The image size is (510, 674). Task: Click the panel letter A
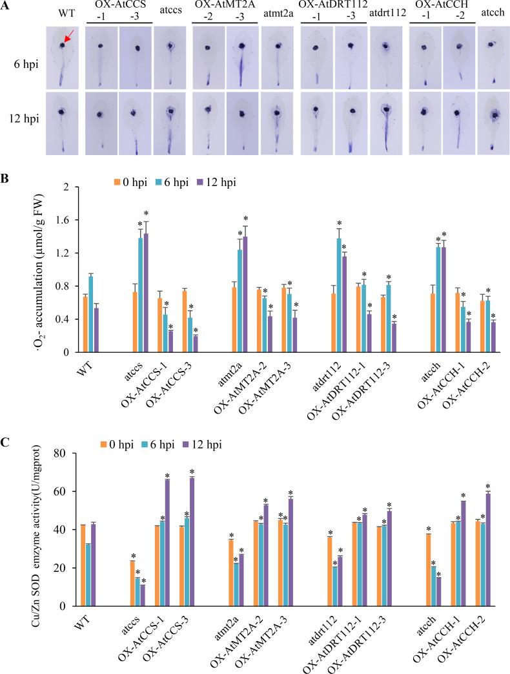[x=6, y=6]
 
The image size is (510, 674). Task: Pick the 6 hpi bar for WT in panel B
[x=91, y=314]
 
